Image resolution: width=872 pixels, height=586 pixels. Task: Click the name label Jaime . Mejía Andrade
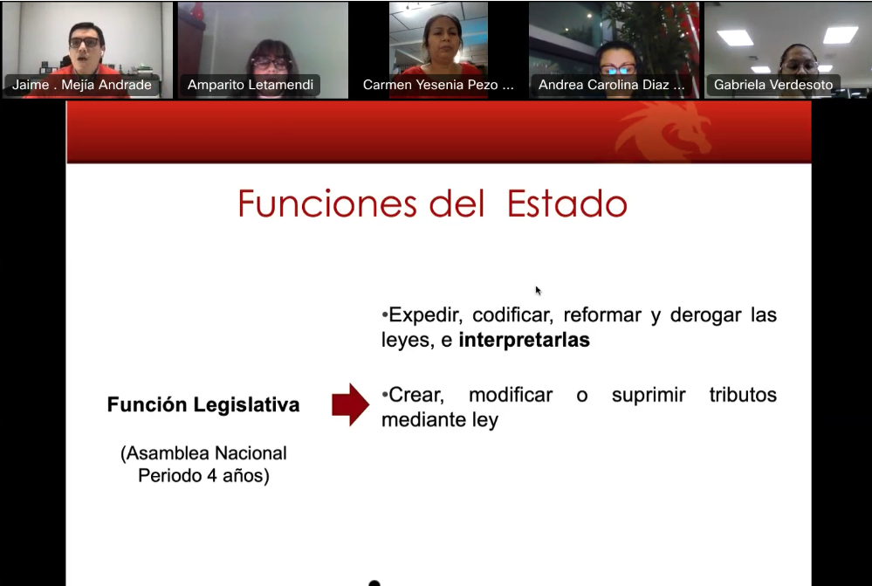coord(82,85)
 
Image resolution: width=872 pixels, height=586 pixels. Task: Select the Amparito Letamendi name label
coord(250,85)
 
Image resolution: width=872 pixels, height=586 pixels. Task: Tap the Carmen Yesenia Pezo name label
coord(438,85)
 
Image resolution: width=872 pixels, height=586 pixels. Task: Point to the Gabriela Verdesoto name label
coord(773,85)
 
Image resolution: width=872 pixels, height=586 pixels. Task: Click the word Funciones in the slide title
coord(328,204)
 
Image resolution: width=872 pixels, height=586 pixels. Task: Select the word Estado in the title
coord(567,204)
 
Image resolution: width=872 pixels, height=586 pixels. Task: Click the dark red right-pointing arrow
coord(350,404)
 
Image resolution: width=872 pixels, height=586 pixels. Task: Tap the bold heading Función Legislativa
coord(203,405)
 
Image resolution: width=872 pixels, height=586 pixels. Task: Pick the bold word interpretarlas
coord(524,341)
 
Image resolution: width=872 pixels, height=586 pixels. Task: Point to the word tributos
coord(743,395)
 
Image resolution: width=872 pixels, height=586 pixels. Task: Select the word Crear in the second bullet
coord(415,395)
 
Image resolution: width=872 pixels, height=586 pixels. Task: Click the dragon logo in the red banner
coord(663,131)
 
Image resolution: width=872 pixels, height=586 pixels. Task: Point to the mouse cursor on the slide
coord(538,290)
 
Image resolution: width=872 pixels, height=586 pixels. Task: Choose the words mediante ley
coord(440,420)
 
